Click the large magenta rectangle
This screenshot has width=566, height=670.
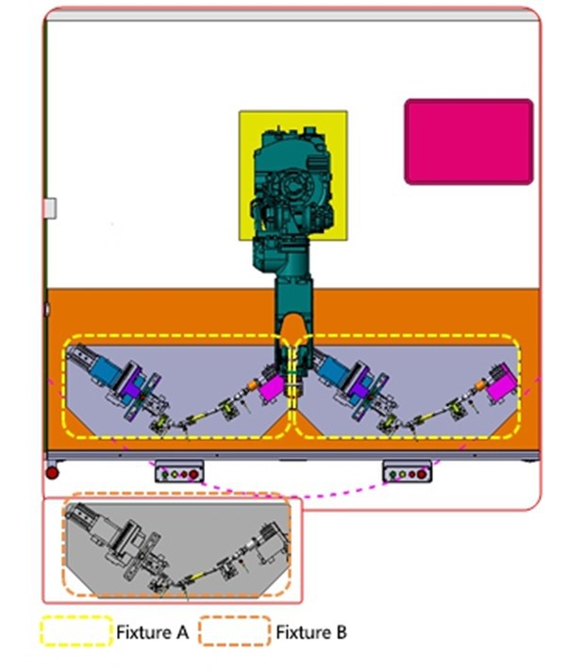click(469, 142)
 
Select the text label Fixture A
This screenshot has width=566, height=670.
click(152, 632)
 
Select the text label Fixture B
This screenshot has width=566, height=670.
click(311, 632)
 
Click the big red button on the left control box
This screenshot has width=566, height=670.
click(193, 474)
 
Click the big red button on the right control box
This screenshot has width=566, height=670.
click(422, 474)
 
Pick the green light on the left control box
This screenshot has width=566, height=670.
click(165, 474)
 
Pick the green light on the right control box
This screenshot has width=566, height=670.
click(392, 474)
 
